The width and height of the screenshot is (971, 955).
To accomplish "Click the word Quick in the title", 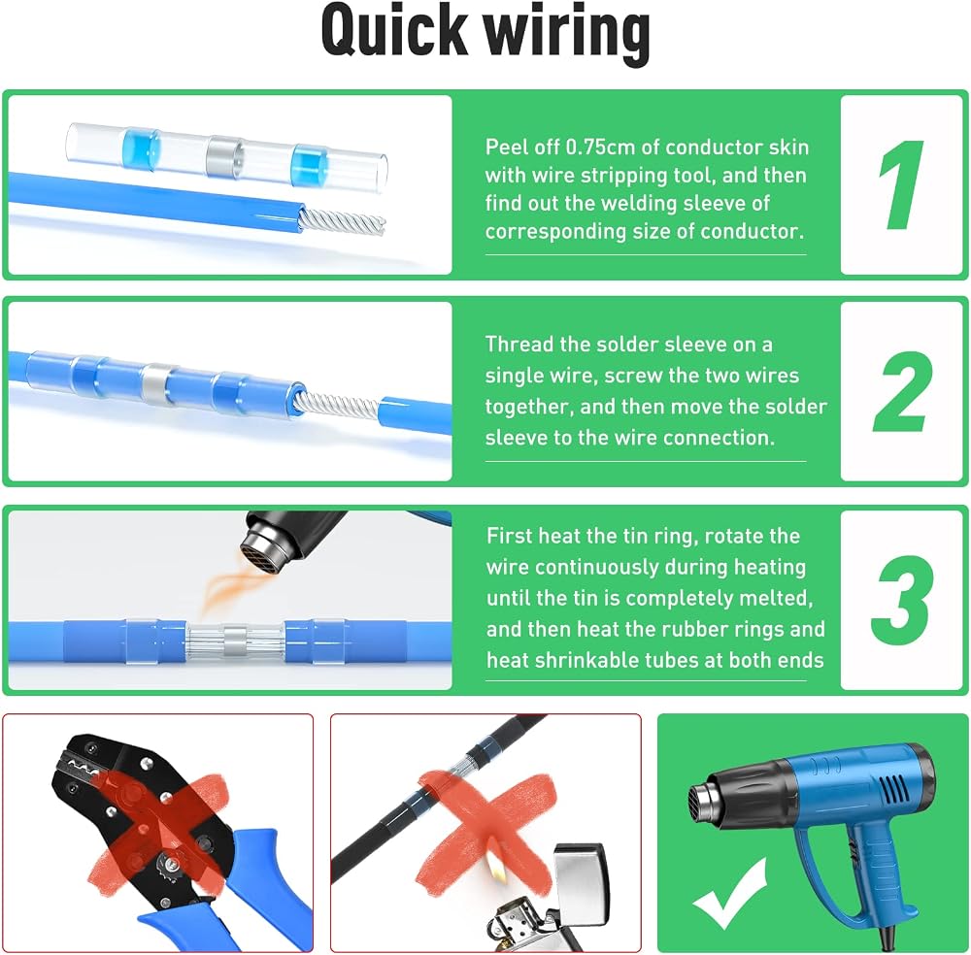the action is pos(394,31).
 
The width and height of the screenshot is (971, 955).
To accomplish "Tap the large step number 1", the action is pos(902,184).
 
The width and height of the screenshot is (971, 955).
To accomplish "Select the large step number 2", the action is pos(902,391).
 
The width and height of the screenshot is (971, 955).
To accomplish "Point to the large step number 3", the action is pos(901,600).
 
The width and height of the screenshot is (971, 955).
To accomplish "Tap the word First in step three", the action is pos(510,536).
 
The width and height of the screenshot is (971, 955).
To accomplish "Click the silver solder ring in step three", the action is pos(235,642).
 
